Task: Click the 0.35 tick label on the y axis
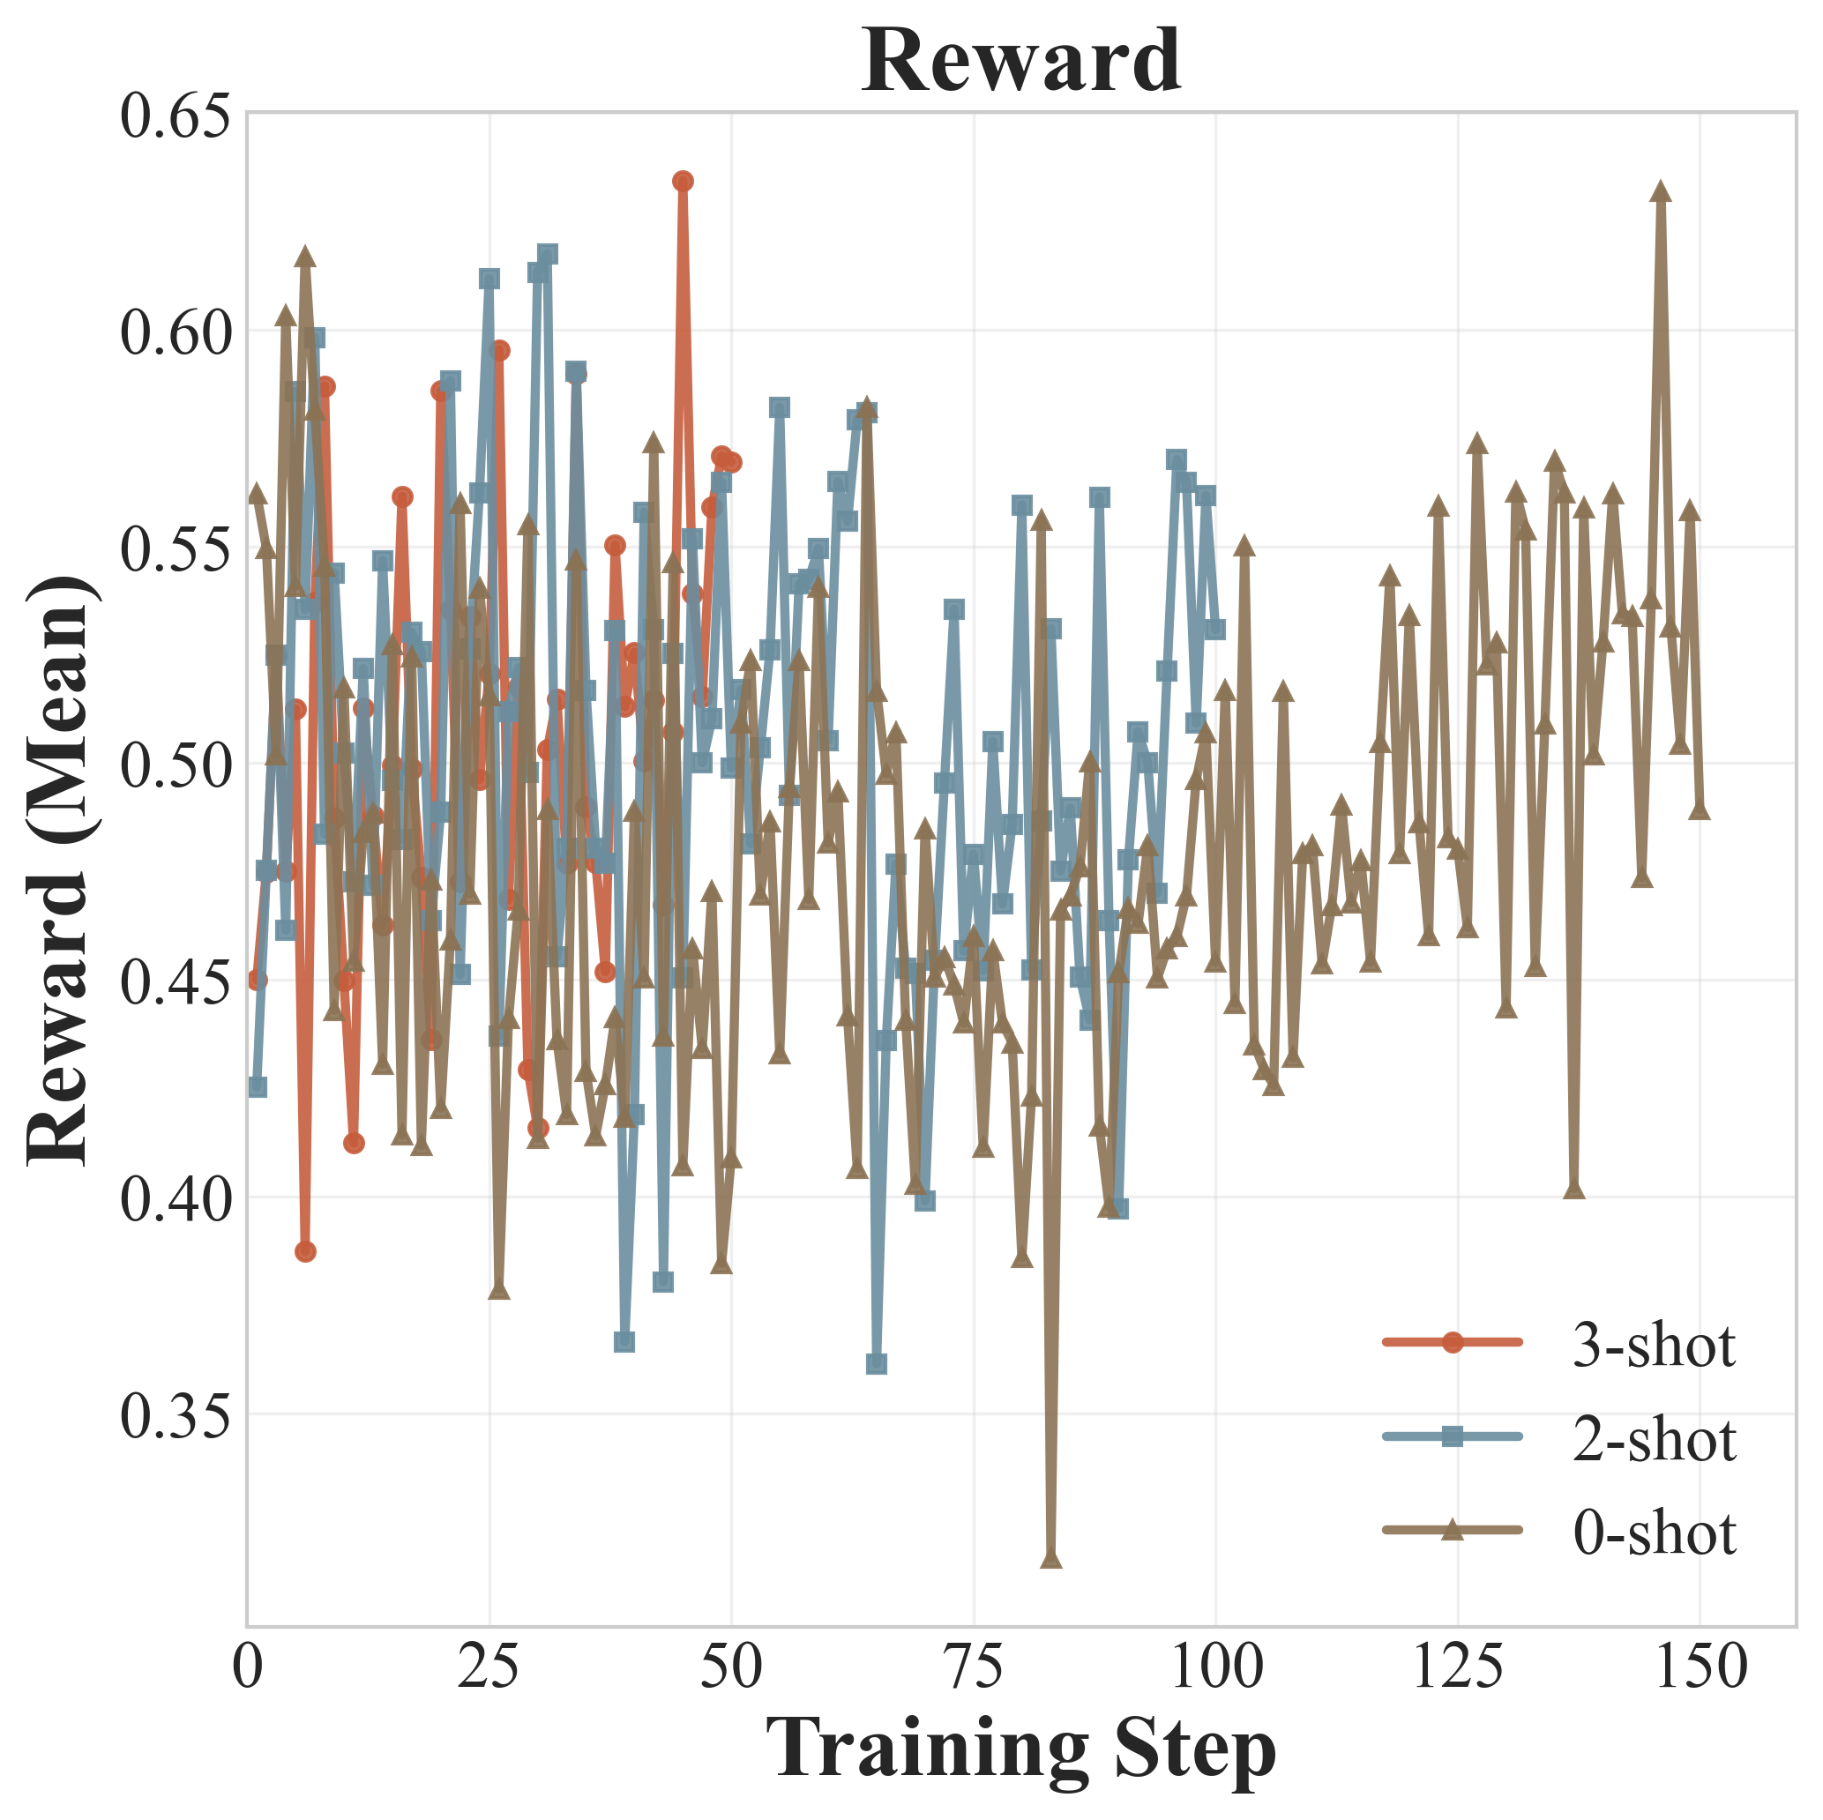pos(176,1414)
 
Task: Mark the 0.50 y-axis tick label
pos(176,765)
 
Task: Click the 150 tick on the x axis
pos(1700,1667)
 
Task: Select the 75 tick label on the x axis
pos(974,1667)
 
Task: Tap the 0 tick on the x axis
pos(247,1667)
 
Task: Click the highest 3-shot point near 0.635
pos(684,181)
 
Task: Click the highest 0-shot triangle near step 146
pos(1661,192)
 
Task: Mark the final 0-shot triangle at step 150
pos(1700,809)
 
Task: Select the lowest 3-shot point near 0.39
pos(305,1251)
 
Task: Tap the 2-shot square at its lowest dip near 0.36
pos(877,1363)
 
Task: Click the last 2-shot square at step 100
pos(1215,629)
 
